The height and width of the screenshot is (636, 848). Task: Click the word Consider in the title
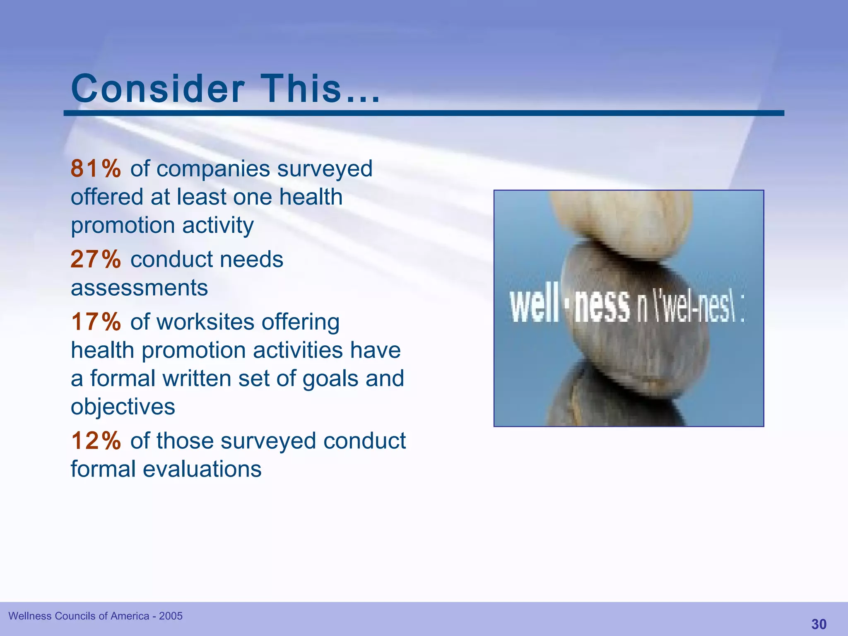(158, 89)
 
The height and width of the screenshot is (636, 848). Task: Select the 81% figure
(96, 169)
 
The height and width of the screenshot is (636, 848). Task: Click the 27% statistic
(96, 260)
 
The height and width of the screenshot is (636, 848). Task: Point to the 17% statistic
(96, 322)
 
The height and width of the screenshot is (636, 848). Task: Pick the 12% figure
(96, 441)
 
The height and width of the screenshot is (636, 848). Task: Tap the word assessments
(139, 288)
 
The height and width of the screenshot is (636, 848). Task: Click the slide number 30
(819, 624)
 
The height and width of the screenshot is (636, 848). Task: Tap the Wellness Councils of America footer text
(79, 616)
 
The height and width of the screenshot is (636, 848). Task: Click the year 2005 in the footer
(171, 616)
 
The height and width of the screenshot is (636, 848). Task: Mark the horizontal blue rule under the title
(424, 113)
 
